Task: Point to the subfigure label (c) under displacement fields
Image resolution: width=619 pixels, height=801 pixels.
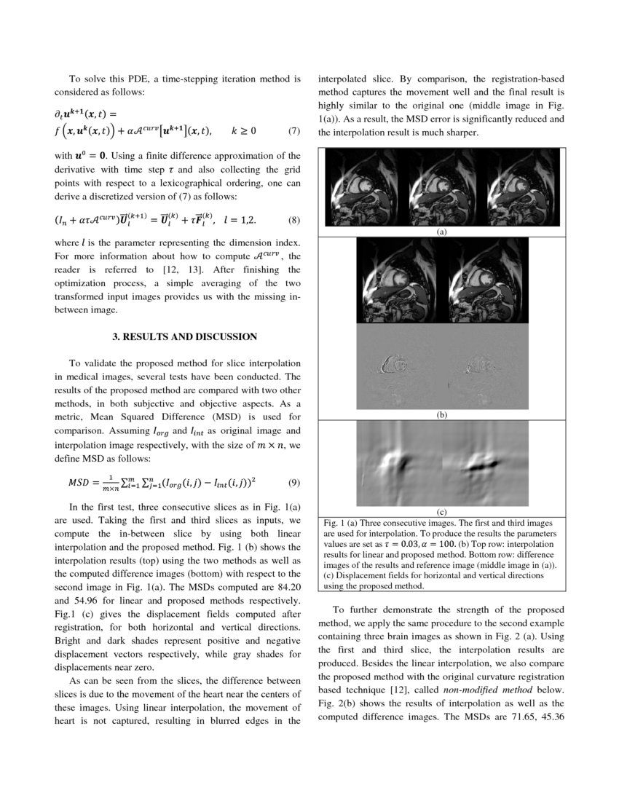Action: click(441, 511)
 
